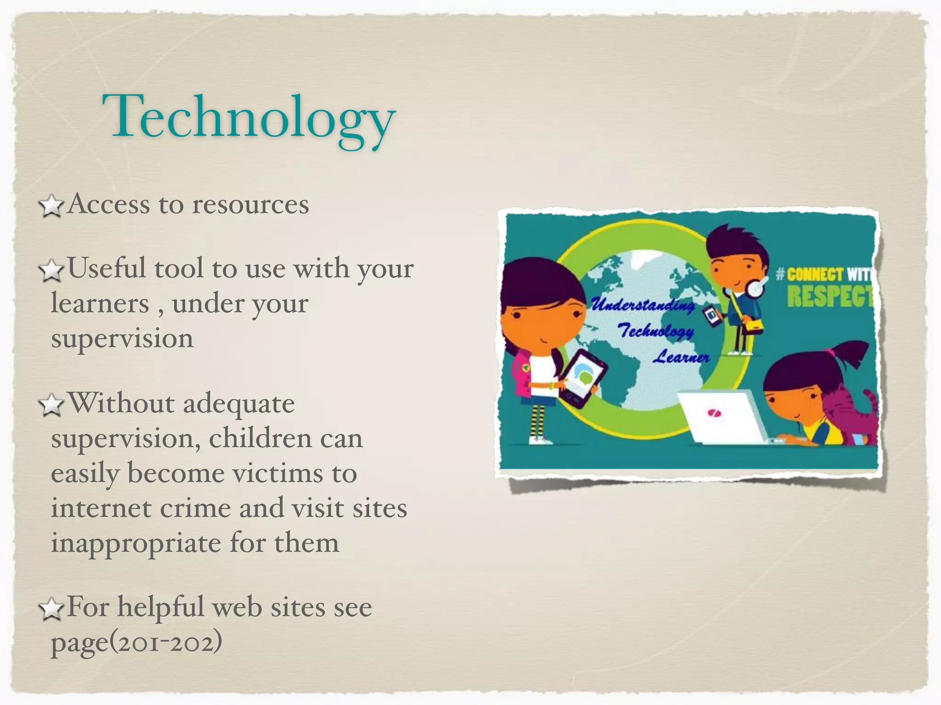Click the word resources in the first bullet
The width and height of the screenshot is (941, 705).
pyautogui.click(x=250, y=205)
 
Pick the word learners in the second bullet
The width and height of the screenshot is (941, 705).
pyautogui.click(x=100, y=304)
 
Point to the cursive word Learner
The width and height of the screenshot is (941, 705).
pyautogui.click(x=681, y=357)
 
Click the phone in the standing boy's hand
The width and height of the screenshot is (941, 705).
pyautogui.click(x=712, y=316)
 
